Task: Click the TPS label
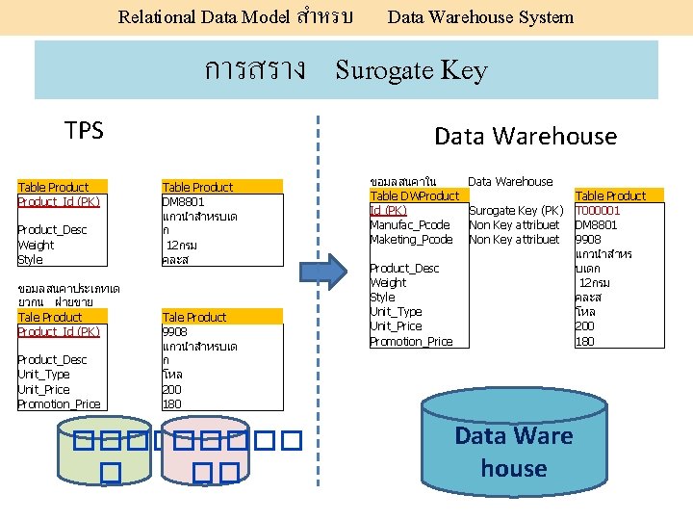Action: [84, 131]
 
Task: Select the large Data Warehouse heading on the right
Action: [525, 136]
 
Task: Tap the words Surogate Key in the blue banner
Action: [411, 70]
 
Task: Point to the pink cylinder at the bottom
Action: [204, 453]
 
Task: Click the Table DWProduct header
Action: [414, 196]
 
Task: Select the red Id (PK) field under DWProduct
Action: [388, 210]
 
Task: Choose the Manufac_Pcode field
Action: [410, 224]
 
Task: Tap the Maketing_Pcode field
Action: [411, 239]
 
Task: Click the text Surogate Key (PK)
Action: [515, 210]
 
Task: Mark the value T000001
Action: [598, 210]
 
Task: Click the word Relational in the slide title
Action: [156, 16]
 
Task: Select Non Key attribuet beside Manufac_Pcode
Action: [513, 224]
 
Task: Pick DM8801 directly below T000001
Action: [596, 224]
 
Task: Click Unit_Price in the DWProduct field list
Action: [396, 326]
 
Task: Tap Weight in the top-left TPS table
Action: [36, 246]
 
